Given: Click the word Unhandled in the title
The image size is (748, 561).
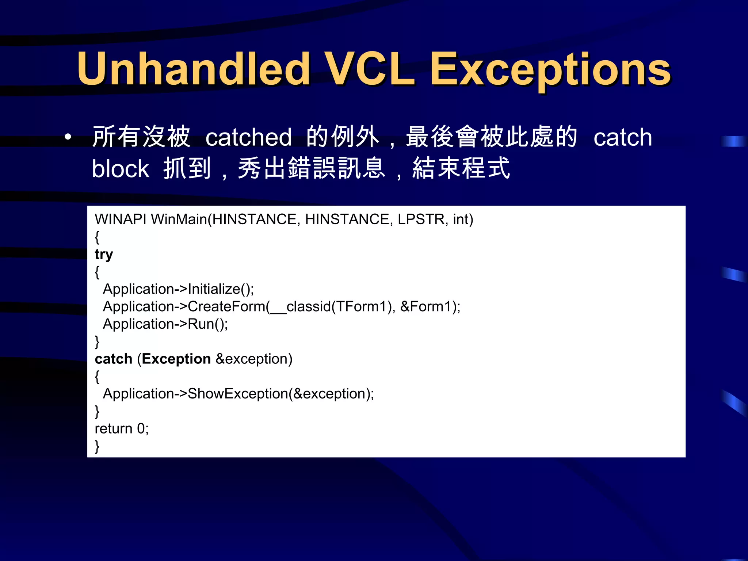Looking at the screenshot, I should coord(194,69).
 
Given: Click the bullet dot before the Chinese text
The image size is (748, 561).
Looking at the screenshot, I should coord(68,137).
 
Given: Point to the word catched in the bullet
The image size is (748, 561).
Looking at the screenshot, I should coord(248,137).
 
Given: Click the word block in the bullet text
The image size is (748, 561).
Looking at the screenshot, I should coord(120,169).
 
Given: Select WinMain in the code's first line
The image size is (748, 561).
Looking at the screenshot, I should coord(179,219).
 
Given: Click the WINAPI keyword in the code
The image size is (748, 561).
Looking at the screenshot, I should coord(121,219).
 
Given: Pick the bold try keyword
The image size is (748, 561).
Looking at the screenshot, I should coord(104,254).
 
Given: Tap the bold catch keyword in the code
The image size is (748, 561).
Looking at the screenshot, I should coord(113,359).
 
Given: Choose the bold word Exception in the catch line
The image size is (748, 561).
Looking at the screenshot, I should coord(176,359).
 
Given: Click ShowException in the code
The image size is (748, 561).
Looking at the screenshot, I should coord(237,394).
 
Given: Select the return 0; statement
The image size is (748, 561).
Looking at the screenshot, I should coord(122,428).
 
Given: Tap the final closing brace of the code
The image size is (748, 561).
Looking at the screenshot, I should coord(97,446).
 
